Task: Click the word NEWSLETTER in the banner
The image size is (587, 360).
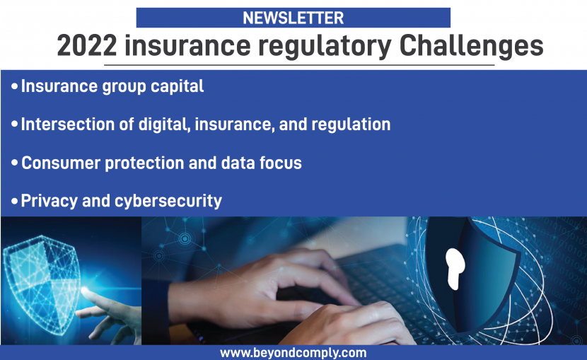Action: (293, 18)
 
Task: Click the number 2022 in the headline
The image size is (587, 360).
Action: (87, 46)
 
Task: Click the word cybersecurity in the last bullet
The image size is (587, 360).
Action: (168, 202)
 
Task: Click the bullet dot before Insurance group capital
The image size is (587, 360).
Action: (15, 87)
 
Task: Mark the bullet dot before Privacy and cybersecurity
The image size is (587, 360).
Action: (15, 202)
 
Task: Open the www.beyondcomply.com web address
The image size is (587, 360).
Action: (293, 353)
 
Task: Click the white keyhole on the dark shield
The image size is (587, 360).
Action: (455, 268)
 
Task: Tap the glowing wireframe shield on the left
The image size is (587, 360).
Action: (40, 284)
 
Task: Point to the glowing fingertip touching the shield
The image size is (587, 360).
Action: (85, 290)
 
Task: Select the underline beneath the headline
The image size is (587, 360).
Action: (299, 65)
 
